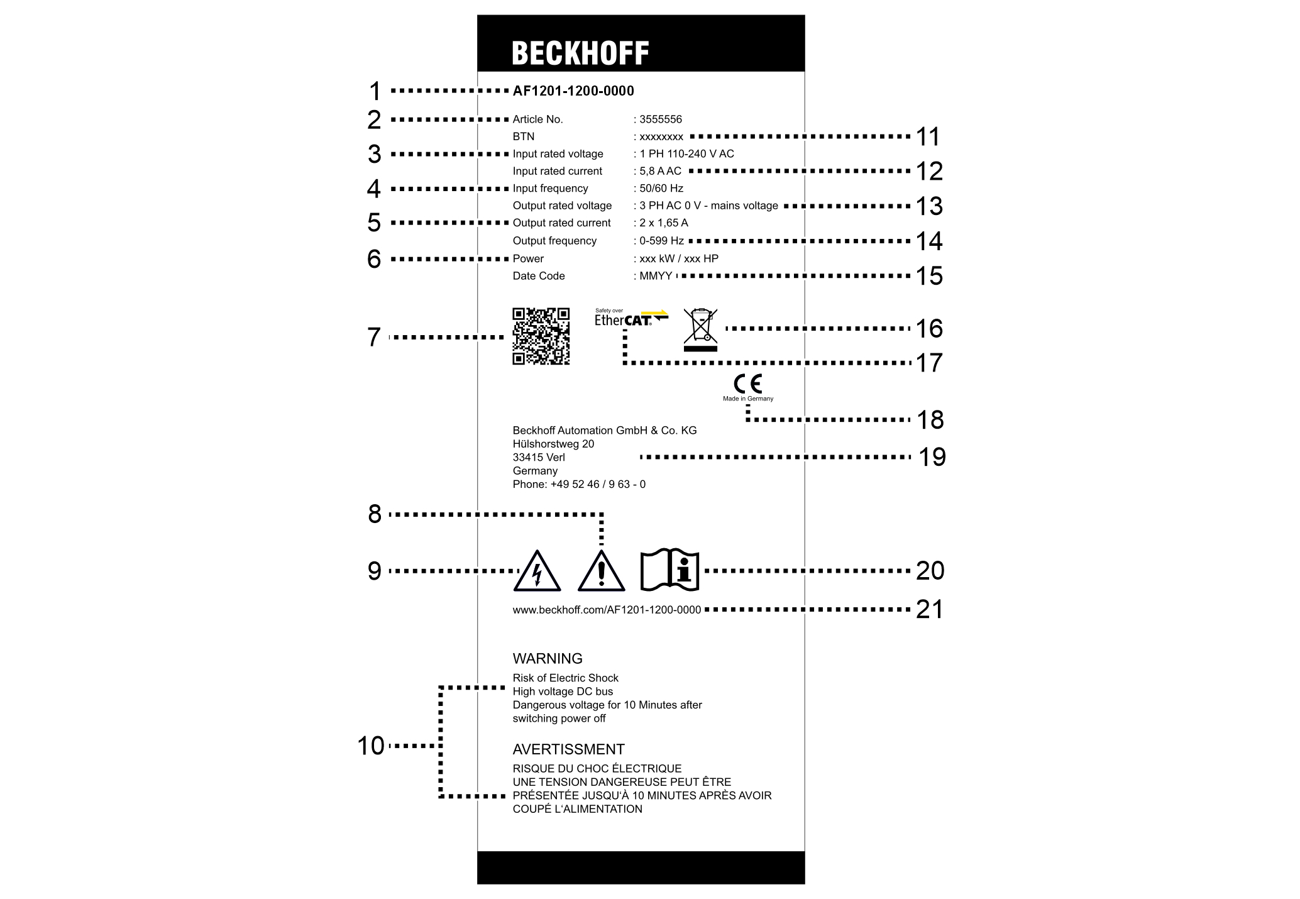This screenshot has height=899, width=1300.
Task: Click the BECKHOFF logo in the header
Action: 580,53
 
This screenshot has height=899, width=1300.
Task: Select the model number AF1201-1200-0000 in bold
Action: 573,91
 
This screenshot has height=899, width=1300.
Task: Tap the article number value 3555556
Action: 661,119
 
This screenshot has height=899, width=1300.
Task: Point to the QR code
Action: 541,336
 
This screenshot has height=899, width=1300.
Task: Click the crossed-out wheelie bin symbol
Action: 700,329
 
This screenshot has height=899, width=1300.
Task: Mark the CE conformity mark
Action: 748,383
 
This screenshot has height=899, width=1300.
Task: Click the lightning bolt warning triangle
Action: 537,572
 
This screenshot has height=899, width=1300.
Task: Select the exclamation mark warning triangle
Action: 602,572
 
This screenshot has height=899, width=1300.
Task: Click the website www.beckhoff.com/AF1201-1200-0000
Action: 607,610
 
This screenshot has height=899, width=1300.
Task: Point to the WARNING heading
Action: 548,659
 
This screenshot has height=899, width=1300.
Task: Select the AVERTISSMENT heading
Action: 568,749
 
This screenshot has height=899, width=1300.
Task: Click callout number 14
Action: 929,241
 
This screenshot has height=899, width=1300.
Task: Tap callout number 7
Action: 374,338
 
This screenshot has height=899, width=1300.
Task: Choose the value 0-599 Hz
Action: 661,241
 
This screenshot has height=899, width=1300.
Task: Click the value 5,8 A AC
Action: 660,171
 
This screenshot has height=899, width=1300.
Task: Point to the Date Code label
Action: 539,276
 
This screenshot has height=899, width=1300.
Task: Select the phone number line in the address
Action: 579,485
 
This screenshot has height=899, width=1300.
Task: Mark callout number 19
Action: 932,457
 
